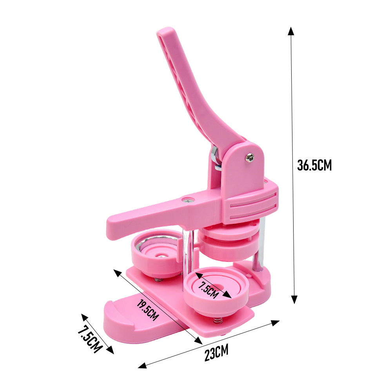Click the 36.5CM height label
point(314,165)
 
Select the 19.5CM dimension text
point(148,310)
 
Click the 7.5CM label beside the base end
point(90,339)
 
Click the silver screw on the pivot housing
point(249,158)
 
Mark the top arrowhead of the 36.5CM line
point(291,31)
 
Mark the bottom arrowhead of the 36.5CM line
point(295,299)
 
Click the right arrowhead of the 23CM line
point(275,323)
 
